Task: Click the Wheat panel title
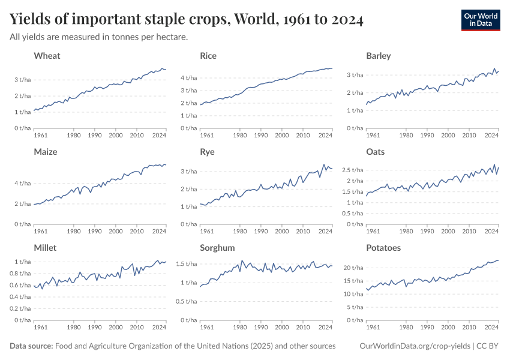47,56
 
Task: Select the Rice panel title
208,56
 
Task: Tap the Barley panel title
378,56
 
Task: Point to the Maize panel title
46,152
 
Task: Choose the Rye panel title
207,152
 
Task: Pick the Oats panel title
376,152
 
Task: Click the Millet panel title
46,248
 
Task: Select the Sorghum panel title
217,248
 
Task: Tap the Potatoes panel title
383,248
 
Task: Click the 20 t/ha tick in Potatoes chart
353,268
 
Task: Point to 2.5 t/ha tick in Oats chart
352,170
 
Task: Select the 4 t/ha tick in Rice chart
189,78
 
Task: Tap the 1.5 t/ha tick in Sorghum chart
187,264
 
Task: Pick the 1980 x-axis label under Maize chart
74,231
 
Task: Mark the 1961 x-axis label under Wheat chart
41,135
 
